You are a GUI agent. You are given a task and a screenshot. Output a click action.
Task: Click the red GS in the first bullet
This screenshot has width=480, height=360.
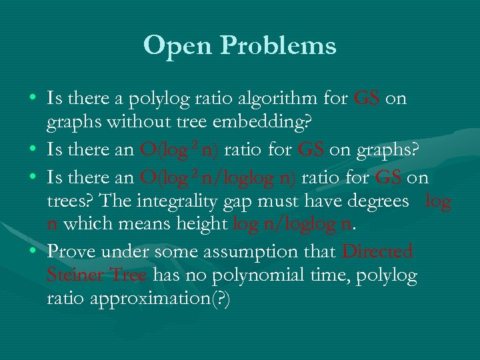(x=367, y=99)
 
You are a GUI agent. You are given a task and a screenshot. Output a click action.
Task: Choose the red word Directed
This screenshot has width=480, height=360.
(x=377, y=252)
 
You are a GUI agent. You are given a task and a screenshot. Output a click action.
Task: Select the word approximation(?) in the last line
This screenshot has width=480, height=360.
(x=139, y=299)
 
